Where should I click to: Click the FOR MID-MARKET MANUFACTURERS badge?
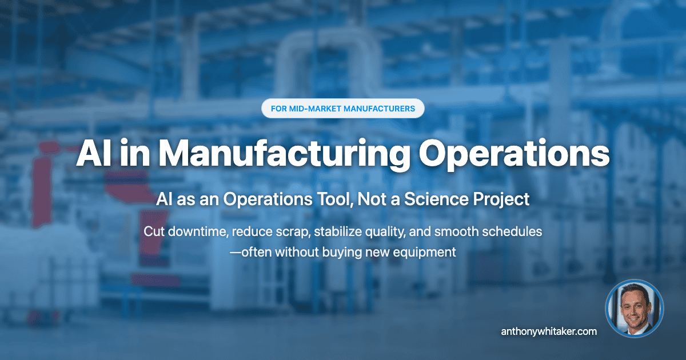pyautogui.click(x=342, y=108)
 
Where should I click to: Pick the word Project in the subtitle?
pyautogui.click(x=498, y=200)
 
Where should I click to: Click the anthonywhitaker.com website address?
pyautogui.click(x=549, y=331)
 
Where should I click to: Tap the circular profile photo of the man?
pyautogui.click(x=635, y=308)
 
